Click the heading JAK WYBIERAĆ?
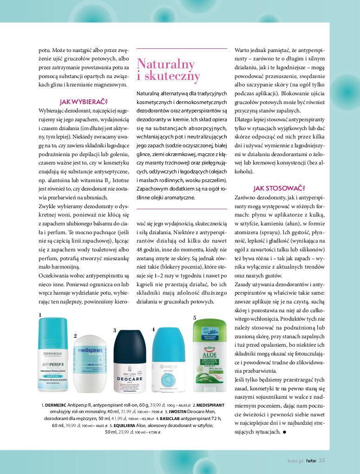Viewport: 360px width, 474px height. coord(84,102)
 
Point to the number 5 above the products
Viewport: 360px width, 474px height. coord(195,317)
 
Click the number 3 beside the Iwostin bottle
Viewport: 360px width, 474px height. coord(114,330)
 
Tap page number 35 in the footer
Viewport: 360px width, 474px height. coord(322,461)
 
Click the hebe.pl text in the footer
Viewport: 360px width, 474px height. coord(295,461)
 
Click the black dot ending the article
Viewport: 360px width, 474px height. coord(284,432)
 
